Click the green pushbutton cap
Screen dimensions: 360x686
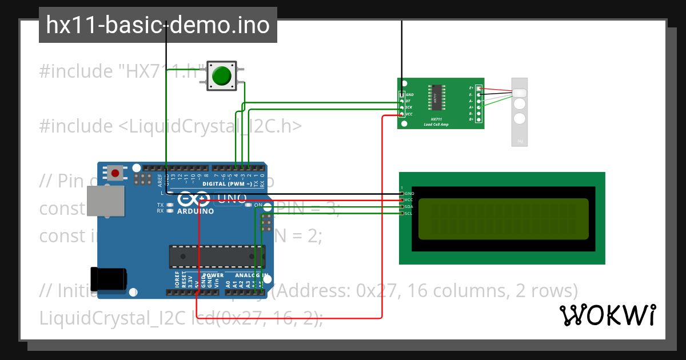tap(222, 76)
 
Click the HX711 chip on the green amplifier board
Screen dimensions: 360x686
tap(435, 98)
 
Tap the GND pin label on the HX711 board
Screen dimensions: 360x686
tap(409, 94)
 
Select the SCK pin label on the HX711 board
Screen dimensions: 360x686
tap(409, 107)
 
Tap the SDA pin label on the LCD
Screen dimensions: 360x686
tap(408, 206)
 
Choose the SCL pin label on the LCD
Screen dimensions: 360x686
tap(408, 213)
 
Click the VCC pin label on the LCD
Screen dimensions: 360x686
tap(408, 200)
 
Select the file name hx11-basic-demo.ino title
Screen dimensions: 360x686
tap(158, 25)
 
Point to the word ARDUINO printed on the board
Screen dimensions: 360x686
tap(195, 211)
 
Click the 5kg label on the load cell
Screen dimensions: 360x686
tap(520, 141)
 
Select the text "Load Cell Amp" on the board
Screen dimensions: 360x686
tap(436, 124)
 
